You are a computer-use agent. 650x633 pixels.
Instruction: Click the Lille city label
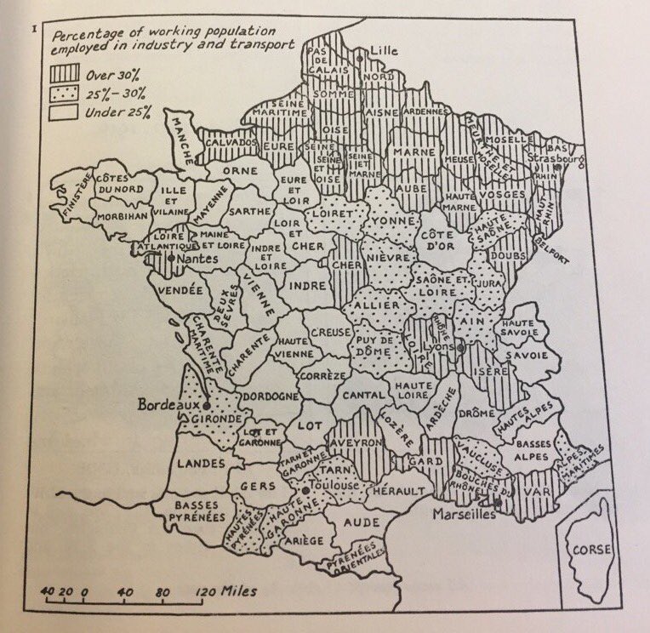pos(384,50)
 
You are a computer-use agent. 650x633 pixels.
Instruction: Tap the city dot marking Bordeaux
pos(208,407)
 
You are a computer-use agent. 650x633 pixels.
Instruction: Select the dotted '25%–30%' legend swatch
pos(65,94)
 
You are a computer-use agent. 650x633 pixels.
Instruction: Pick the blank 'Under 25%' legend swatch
pos(65,111)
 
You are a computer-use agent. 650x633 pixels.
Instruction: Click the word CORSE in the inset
pos(590,550)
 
